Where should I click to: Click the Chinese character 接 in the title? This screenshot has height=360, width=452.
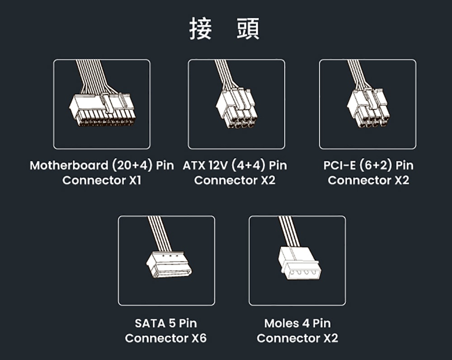[201, 28]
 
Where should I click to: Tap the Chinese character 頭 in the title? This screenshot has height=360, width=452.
[248, 28]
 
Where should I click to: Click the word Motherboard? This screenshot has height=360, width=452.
[69, 165]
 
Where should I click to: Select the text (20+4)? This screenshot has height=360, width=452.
[132, 165]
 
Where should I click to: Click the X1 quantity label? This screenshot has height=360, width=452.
[135, 180]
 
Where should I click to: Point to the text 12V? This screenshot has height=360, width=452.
[218, 165]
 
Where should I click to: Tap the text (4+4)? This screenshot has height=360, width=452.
[248, 165]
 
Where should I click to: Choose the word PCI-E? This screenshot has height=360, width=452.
[339, 165]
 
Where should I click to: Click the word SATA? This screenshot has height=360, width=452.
[150, 323]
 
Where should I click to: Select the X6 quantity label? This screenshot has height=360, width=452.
[199, 338]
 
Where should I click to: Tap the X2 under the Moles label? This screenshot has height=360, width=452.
[331, 338]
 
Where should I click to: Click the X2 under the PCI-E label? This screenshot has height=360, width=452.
[402, 180]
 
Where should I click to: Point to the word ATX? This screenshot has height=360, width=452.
[194, 165]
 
